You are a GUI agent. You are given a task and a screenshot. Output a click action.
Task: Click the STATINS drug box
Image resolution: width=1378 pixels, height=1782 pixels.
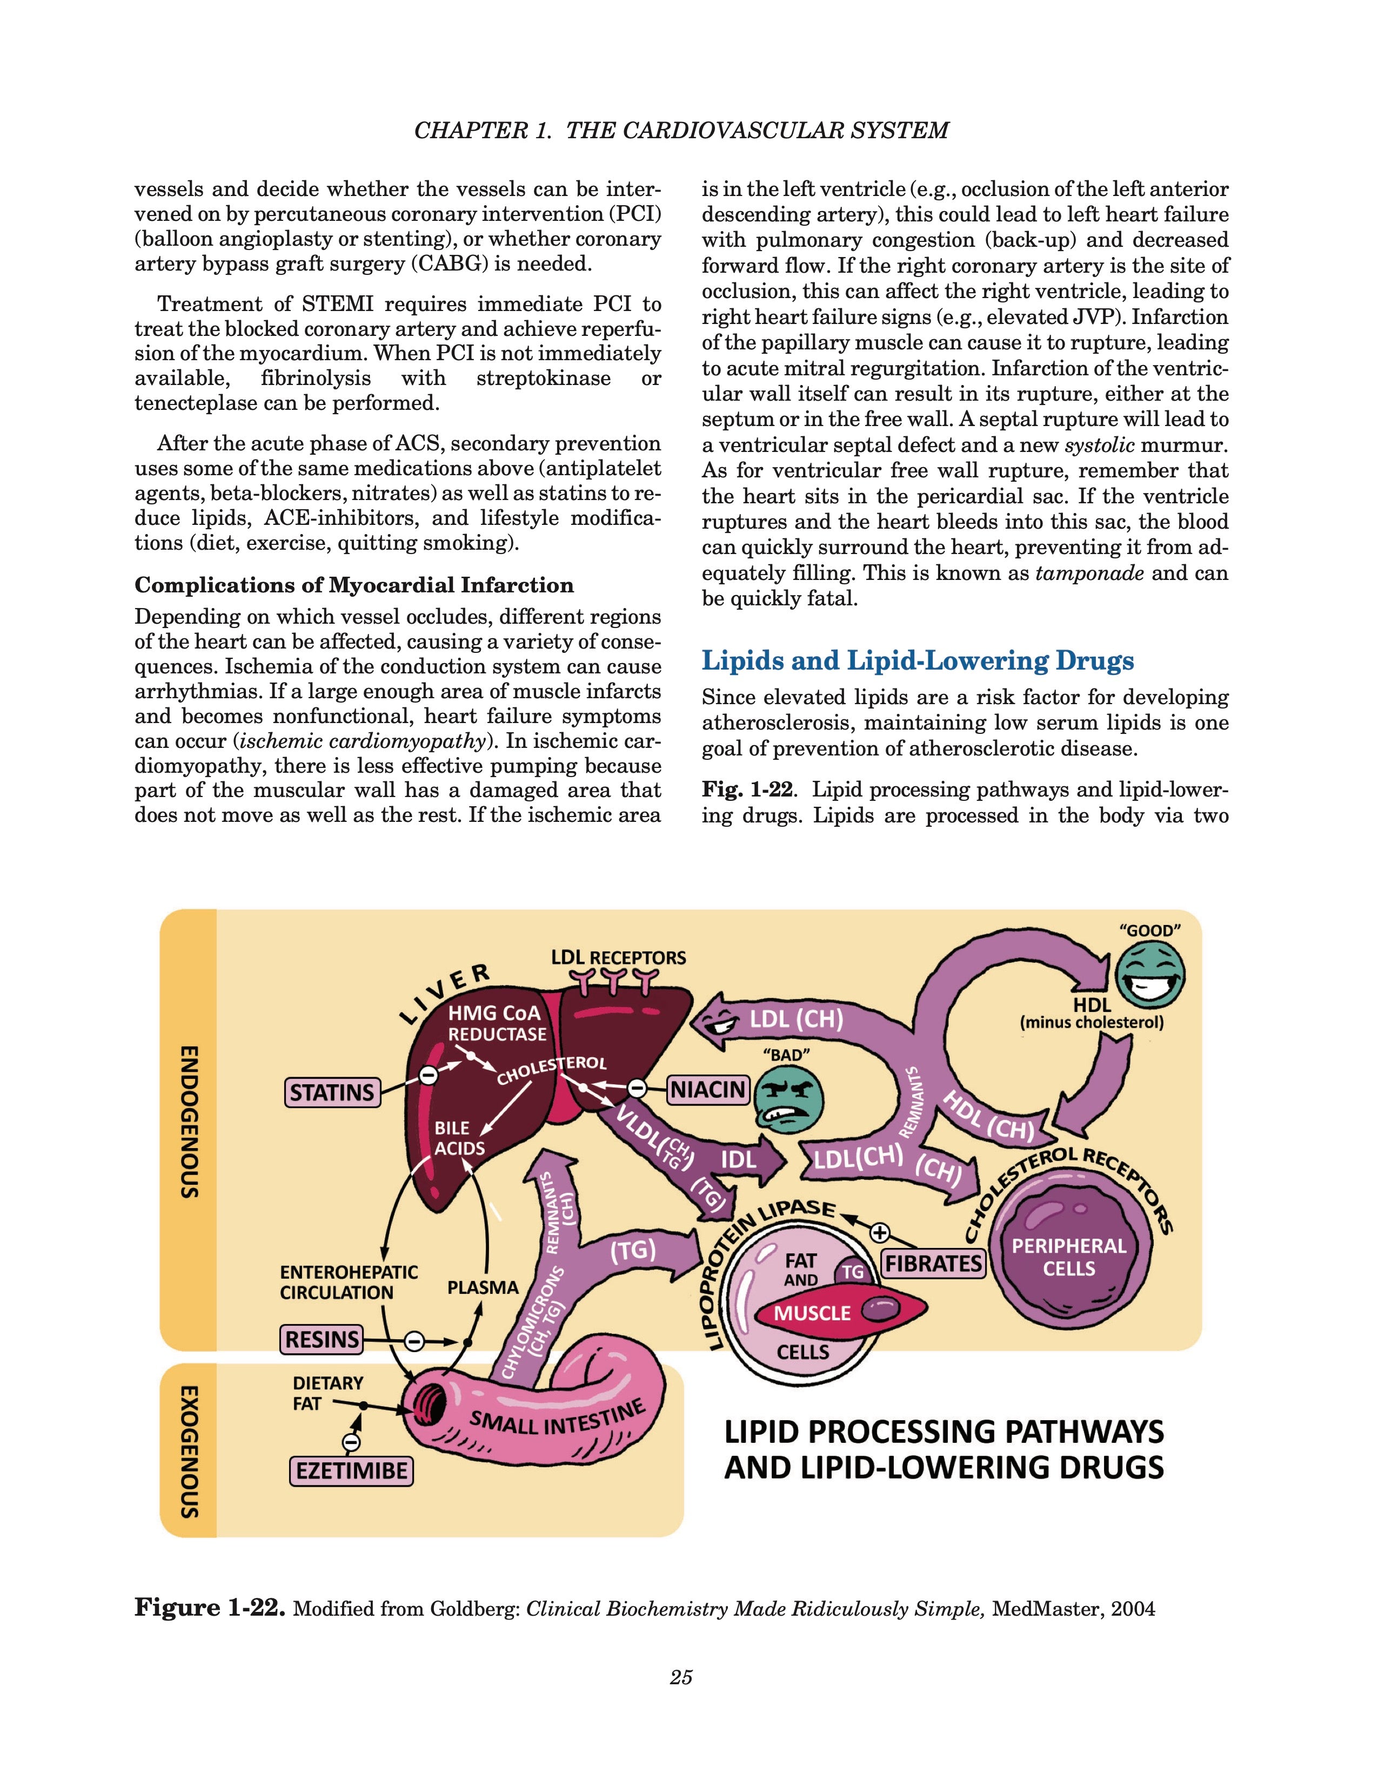tap(332, 1092)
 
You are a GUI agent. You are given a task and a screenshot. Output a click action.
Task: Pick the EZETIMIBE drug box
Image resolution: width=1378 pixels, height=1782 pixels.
tap(351, 1471)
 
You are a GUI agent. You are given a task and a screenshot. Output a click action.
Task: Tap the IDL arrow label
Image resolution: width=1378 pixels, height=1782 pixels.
tap(738, 1159)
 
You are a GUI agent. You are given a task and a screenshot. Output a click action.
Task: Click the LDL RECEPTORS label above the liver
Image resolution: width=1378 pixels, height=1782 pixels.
tap(618, 957)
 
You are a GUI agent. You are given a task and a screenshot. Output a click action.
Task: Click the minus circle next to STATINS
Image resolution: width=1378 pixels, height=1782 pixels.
tap(427, 1075)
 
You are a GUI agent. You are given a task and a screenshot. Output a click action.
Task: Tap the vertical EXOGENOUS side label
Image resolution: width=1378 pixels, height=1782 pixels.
tap(189, 1450)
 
